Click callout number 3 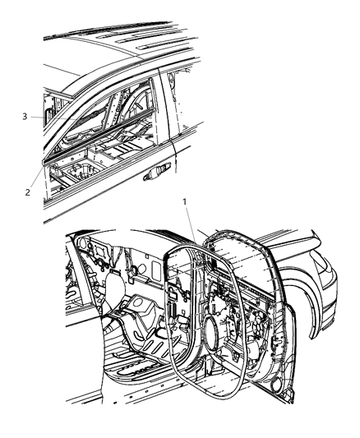(x=25, y=117)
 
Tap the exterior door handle (x=156, y=173)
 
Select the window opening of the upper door (x=107, y=111)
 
